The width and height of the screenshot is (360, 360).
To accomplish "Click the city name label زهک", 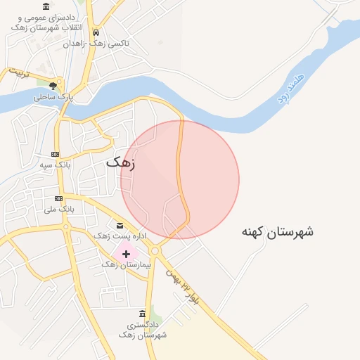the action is [x=120, y=162].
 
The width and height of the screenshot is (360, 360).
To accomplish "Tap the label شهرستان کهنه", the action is [x=277, y=231].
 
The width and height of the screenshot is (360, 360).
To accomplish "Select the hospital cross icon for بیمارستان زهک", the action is [x=126, y=254].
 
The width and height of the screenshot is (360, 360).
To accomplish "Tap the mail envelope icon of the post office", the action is [x=120, y=226].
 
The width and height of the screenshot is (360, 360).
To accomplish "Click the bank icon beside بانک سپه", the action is [x=56, y=155].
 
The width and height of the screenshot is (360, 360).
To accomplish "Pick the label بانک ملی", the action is [x=58, y=209].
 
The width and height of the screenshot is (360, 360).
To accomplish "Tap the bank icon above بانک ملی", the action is [x=58, y=198].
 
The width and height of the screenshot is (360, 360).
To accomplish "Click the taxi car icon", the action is [x=96, y=32].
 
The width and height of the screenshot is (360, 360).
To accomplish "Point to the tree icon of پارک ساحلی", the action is [x=53, y=86].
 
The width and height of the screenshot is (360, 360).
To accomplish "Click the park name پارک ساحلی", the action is [x=53, y=96].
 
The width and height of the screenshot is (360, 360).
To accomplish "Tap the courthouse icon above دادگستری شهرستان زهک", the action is [x=143, y=314].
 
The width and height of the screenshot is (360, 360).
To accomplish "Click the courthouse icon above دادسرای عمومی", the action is [x=46, y=6].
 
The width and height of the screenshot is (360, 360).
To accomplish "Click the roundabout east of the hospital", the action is [x=154, y=250].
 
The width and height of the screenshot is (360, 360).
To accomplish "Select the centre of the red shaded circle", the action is [x=180, y=180].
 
